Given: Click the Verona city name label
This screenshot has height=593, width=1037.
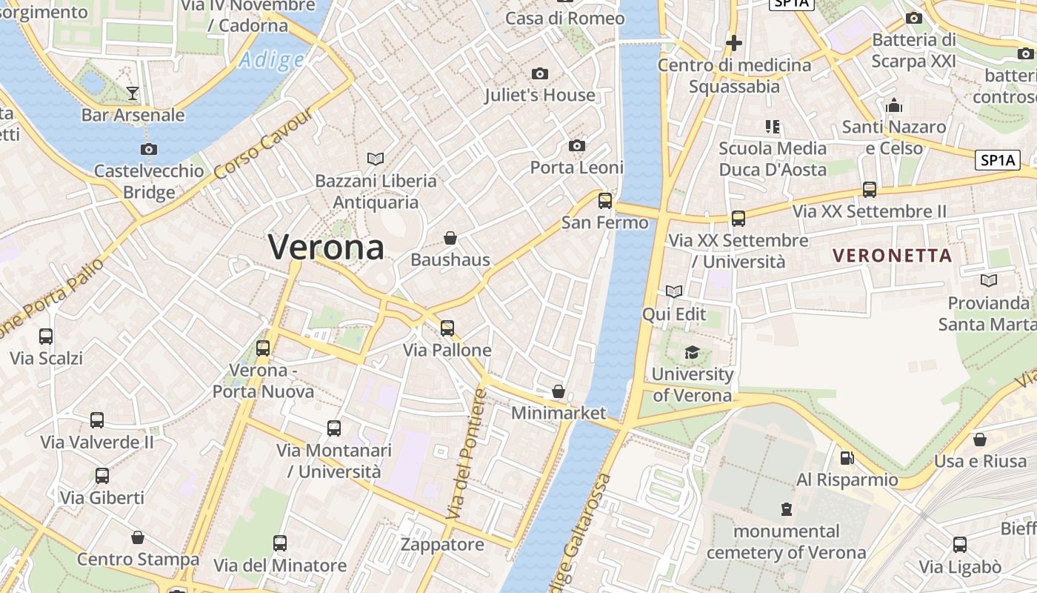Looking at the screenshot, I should (x=326, y=247).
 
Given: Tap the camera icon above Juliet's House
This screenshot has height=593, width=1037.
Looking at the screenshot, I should (x=540, y=73).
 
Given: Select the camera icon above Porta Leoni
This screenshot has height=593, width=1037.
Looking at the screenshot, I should (x=577, y=145).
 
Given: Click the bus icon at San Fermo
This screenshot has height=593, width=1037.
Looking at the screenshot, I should (x=605, y=200).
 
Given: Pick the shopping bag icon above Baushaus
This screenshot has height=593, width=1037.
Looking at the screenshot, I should (x=450, y=238).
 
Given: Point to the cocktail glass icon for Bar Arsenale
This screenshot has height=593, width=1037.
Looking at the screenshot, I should (x=133, y=93).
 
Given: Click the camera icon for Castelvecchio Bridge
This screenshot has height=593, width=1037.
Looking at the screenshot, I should (x=149, y=149).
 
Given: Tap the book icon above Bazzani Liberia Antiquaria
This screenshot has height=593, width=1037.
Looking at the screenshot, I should (x=376, y=159).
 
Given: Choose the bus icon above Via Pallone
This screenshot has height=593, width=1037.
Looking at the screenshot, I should (x=447, y=328).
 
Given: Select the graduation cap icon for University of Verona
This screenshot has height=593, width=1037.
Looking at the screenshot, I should (x=692, y=352).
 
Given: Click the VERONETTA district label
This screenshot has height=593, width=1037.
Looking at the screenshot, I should (x=892, y=256).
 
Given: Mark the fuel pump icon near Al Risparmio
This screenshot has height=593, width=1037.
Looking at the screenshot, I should (x=847, y=458).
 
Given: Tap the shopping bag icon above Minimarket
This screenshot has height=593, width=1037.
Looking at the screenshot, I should (x=558, y=391).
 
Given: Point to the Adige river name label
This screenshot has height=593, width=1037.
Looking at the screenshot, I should (x=272, y=61).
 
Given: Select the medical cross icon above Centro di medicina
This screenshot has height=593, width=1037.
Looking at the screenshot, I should (x=734, y=43).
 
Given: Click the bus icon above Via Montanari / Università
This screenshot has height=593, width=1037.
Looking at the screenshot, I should (x=334, y=428).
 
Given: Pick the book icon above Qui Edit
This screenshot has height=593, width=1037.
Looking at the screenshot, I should (x=674, y=292).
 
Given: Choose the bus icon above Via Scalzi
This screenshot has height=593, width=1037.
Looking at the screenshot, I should (x=46, y=336).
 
